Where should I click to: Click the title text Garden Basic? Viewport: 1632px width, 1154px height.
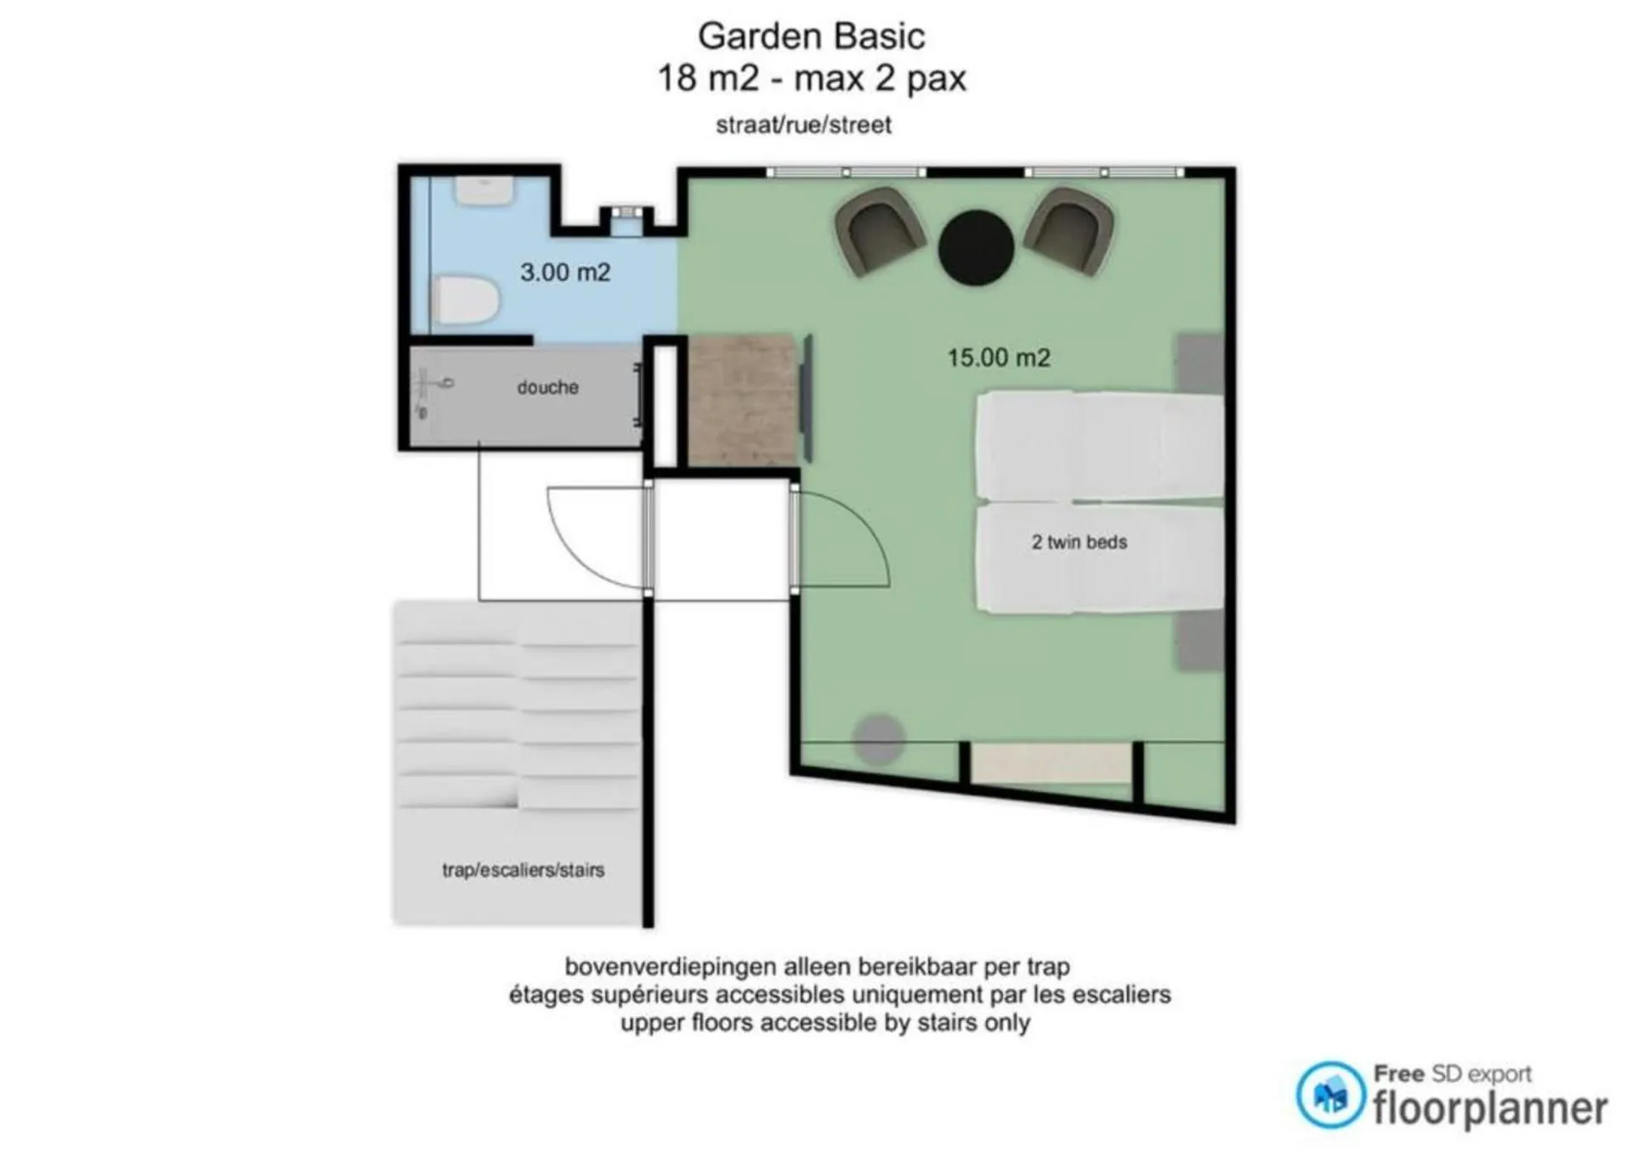(x=811, y=37)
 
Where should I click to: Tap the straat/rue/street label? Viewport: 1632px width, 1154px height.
(x=803, y=125)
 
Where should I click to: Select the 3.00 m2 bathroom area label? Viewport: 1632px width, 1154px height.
(x=565, y=272)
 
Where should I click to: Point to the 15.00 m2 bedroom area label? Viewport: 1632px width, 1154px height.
(x=999, y=357)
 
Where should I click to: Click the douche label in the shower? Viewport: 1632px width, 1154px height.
(x=547, y=387)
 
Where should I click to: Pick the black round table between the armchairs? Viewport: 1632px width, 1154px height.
(x=976, y=247)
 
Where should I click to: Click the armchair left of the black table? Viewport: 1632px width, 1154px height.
(x=879, y=231)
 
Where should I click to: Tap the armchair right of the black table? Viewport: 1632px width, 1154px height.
(x=1069, y=230)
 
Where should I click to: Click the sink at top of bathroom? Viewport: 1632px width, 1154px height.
(x=484, y=190)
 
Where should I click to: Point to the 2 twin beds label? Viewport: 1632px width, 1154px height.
(x=1079, y=542)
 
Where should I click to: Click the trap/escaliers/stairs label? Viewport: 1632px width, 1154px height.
(x=523, y=870)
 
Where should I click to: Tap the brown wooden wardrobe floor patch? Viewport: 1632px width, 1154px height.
(x=743, y=399)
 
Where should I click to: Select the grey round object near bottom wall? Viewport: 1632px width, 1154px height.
(x=879, y=738)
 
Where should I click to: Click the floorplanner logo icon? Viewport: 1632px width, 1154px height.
(x=1330, y=1095)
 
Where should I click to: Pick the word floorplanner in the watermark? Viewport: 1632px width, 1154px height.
(x=1490, y=1108)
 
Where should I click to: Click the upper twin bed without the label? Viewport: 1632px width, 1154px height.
(x=1099, y=445)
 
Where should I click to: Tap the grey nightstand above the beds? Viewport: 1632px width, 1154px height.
(x=1199, y=364)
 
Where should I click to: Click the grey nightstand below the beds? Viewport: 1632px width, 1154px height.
(x=1200, y=641)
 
